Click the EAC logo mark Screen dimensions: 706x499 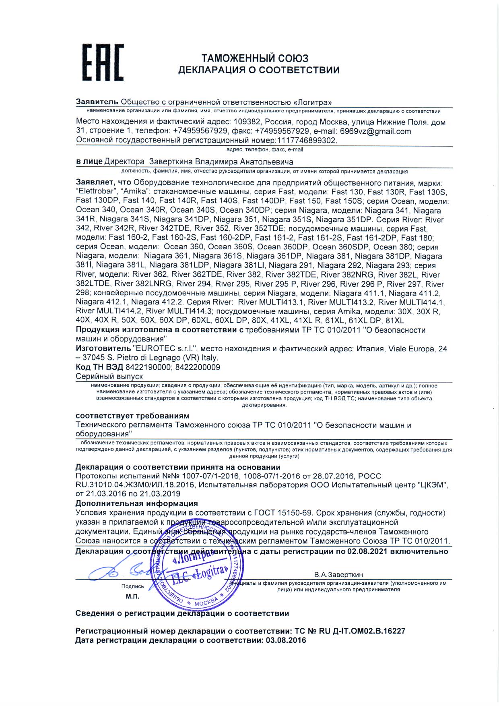(x=103, y=63)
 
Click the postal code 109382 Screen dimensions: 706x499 (x=249, y=122)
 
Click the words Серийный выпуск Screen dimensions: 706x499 (x=109, y=376)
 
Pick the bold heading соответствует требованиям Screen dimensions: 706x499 (x=132, y=416)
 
